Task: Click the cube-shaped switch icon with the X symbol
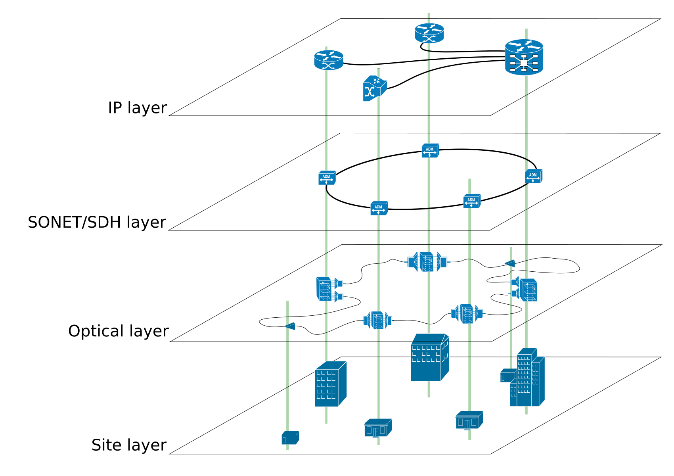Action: coord(374,88)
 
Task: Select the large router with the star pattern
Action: coord(524,57)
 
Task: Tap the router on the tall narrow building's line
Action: coord(328,60)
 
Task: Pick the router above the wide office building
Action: coord(429,33)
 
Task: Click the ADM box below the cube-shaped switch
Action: coord(379,208)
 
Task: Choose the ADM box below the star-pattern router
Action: coord(533,176)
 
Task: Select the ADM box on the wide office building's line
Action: coord(430,151)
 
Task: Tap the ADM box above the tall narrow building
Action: coord(327,178)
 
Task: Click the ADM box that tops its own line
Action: coord(471,201)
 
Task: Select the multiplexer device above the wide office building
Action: coord(427,262)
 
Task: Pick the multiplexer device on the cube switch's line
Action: coord(377,321)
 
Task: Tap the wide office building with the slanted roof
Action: coord(429,358)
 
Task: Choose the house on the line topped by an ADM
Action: coord(469,420)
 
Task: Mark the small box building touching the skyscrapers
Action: coord(507,376)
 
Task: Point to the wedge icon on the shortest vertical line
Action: coord(510,263)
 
